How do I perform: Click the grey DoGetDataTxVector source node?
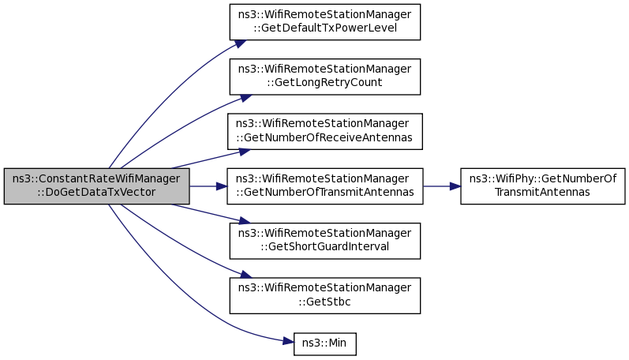[96, 186]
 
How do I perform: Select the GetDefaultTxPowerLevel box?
[325, 22]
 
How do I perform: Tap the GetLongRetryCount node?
[325, 77]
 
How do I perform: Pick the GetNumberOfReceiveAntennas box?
[325, 132]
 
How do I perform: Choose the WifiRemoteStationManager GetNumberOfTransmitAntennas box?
[325, 186]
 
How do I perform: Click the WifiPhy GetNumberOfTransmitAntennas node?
[543, 186]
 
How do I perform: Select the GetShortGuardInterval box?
[325, 241]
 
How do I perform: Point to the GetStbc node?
[325, 296]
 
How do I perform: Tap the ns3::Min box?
[325, 344]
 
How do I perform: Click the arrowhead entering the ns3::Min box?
[289, 342]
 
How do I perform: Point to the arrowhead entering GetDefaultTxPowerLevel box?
[240, 43]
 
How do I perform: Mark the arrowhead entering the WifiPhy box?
[455, 186]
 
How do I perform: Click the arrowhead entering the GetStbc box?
[245, 275]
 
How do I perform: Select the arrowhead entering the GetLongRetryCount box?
[245, 98]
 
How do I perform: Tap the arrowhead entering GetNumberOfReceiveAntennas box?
[245, 152]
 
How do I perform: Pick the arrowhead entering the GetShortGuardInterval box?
[245, 220]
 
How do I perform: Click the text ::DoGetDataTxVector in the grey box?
[96, 193]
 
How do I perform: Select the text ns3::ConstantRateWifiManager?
[96, 178]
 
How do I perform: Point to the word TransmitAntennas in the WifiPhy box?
[542, 193]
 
